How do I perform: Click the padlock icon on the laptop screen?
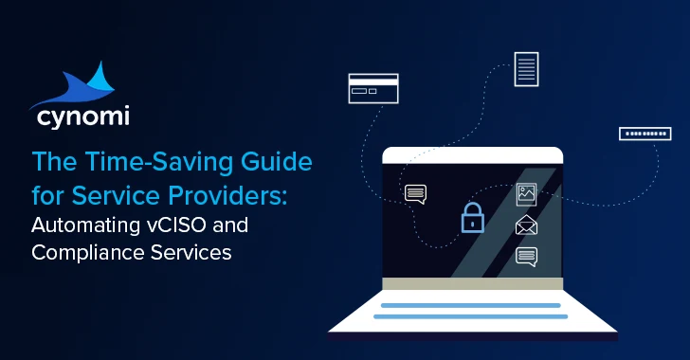pyautogui.click(x=471, y=218)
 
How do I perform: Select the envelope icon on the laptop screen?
pyautogui.click(x=526, y=225)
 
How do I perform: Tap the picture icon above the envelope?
pyautogui.click(x=526, y=195)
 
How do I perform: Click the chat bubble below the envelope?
pyautogui.click(x=526, y=256)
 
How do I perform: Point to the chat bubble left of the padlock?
pyautogui.click(x=416, y=194)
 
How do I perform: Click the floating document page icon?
pyautogui.click(x=526, y=69)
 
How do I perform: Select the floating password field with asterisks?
pyautogui.click(x=645, y=134)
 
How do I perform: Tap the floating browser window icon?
pyautogui.click(x=373, y=89)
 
